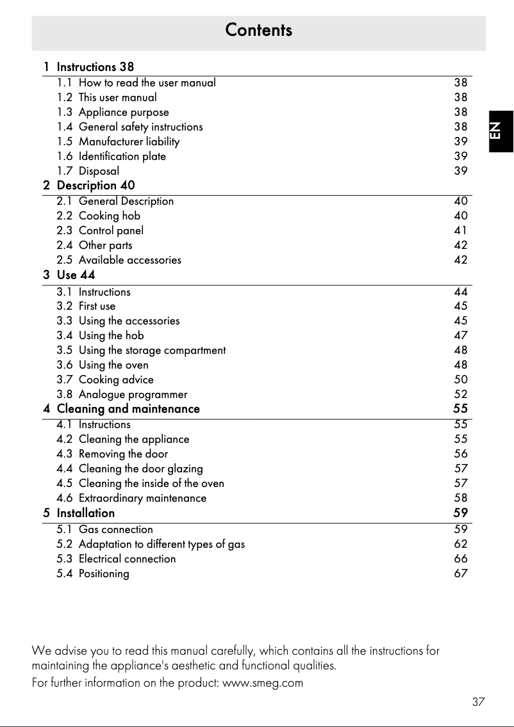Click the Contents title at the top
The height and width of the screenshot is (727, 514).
(x=258, y=30)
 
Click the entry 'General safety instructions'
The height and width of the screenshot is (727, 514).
(x=140, y=127)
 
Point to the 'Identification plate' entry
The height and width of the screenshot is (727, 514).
(x=122, y=156)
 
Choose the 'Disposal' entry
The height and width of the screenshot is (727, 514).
(x=99, y=171)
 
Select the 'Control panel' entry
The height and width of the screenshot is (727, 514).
(x=111, y=230)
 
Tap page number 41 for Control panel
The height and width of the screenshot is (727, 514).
(x=460, y=230)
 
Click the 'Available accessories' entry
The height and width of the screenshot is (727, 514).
(x=129, y=260)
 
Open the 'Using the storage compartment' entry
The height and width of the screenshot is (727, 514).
(x=152, y=350)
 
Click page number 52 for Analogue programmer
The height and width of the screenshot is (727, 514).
(x=460, y=394)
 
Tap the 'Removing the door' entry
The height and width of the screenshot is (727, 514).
(x=123, y=454)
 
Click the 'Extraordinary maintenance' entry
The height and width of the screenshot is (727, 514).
(x=142, y=498)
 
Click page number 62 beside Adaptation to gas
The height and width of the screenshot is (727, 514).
(x=460, y=544)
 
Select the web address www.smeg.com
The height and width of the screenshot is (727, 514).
(x=262, y=683)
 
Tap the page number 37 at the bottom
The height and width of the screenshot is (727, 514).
(x=478, y=701)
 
